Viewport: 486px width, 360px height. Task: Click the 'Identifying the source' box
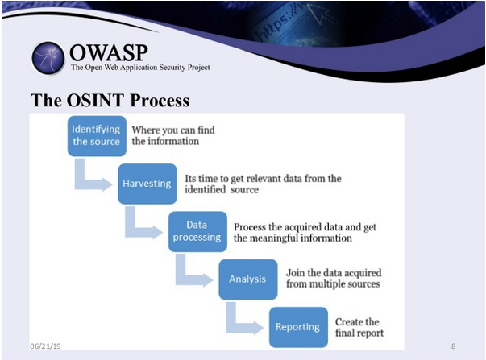97,135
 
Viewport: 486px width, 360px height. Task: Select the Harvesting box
147,183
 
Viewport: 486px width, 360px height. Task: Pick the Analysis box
247,279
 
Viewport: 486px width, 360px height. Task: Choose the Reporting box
298,327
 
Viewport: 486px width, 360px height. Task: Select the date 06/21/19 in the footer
45,346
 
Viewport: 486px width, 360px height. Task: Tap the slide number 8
453,346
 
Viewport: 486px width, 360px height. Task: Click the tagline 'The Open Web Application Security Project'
140,68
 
